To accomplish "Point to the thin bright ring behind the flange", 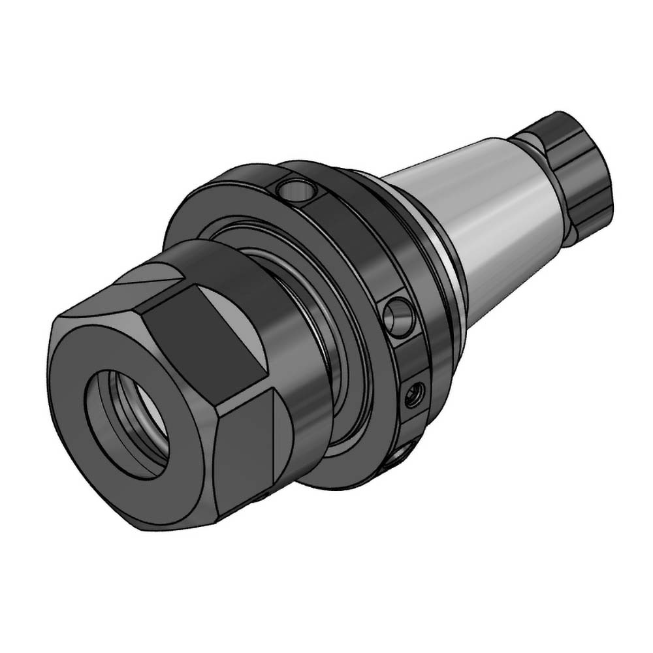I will tap(451, 274).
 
